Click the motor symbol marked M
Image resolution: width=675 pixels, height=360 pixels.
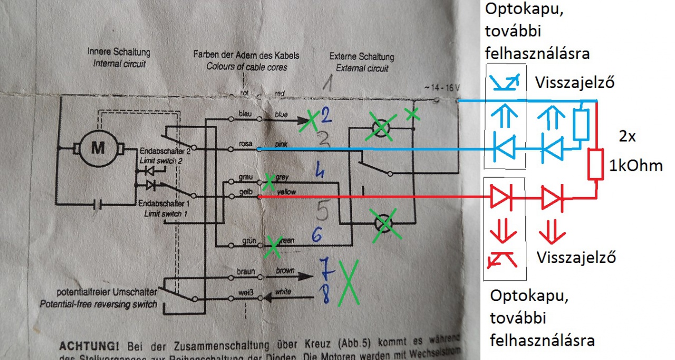coord(98,148)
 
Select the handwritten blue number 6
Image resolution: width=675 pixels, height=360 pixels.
coord(316,236)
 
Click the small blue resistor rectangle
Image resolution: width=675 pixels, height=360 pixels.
coord(581,124)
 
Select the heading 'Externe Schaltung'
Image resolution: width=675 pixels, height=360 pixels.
coord(361,56)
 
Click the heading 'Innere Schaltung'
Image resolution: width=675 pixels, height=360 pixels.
coord(119,53)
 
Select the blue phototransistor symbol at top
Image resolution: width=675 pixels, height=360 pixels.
coord(505,81)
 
